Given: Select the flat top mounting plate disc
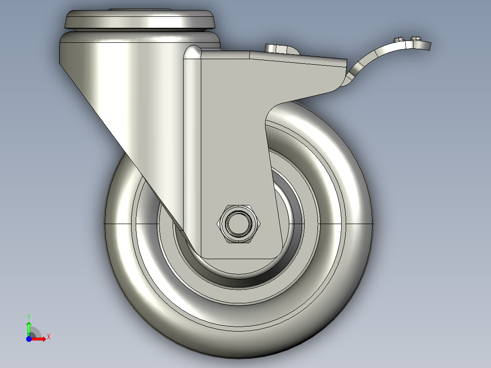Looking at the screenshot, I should coord(139,19).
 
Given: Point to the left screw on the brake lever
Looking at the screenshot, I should coord(400,39).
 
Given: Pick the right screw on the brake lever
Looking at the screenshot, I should coord(415,39).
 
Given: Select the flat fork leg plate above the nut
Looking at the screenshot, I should coord(232,137).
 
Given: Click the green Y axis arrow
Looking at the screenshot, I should coord(28,327).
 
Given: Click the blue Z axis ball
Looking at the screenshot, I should coord(29,339).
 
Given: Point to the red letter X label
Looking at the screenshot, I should coord(48,337).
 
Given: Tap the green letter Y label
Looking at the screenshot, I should coord(28,316).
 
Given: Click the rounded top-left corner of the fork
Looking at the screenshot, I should coord(192,51).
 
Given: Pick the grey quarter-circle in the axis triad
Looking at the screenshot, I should coord(35,332).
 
